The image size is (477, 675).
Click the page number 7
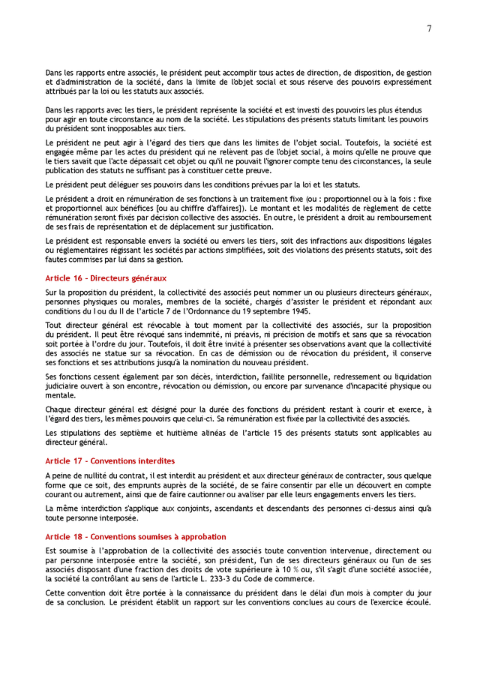(429, 28)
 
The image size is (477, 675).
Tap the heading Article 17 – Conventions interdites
(110, 460)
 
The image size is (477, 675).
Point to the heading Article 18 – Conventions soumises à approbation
(136, 537)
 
